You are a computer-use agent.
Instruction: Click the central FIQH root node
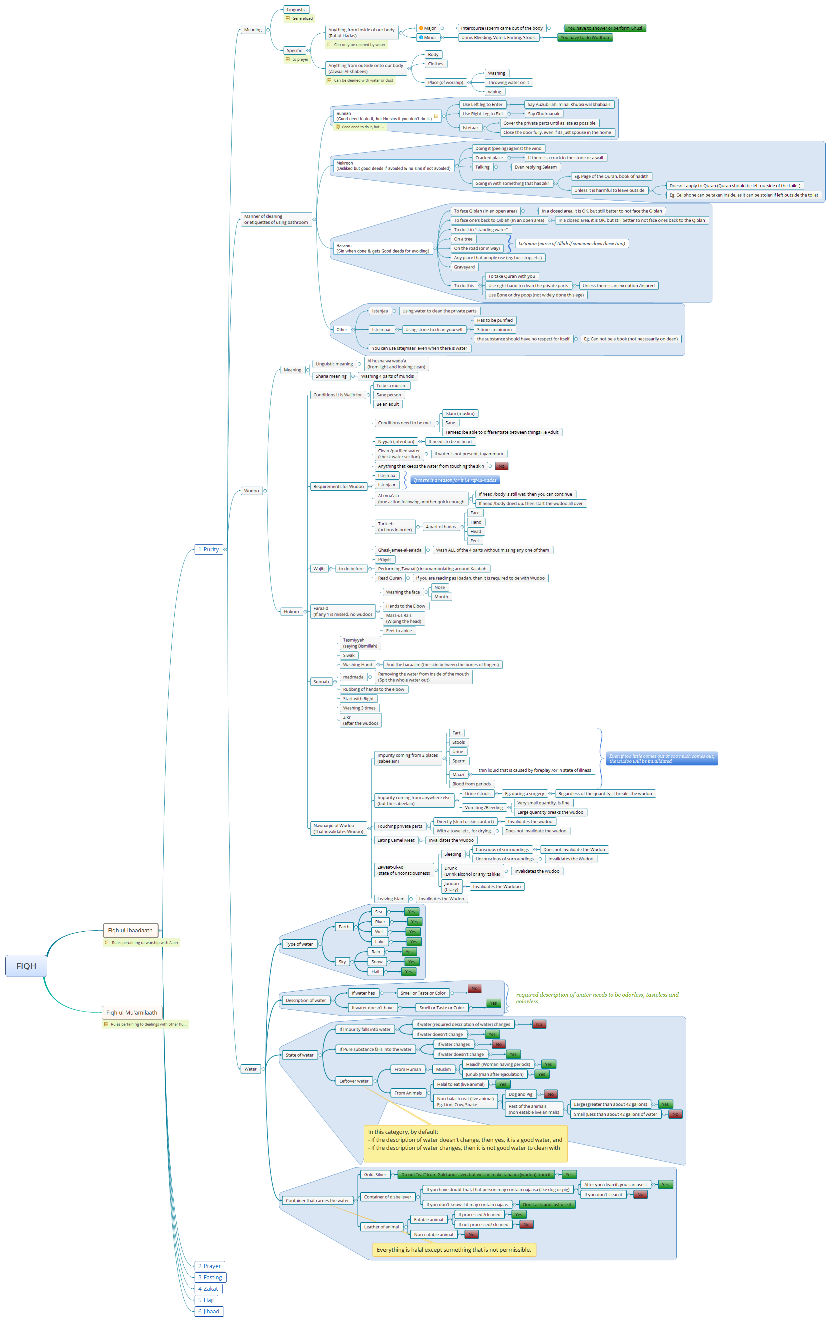pyautogui.click(x=26, y=966)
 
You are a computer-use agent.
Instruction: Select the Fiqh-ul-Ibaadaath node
pyautogui.click(x=130, y=930)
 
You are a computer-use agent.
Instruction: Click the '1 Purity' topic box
pyautogui.click(x=209, y=549)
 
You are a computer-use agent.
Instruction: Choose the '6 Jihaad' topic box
pyautogui.click(x=209, y=1311)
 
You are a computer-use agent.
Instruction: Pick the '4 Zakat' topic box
pyautogui.click(x=208, y=1288)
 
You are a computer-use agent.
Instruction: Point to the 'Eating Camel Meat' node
pyautogui.click(x=396, y=840)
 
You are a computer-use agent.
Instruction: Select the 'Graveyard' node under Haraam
pyautogui.click(x=464, y=267)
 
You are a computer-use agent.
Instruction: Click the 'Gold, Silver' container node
pyautogui.click(x=375, y=1174)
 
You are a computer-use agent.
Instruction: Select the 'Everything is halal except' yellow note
pyautogui.click(x=454, y=1249)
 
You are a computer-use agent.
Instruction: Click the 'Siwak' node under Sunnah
pyautogui.click(x=349, y=655)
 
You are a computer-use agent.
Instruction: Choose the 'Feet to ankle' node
pyautogui.click(x=399, y=630)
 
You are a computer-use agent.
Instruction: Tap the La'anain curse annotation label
pyautogui.click(x=571, y=243)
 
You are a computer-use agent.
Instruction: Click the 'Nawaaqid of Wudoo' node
pyautogui.click(x=338, y=828)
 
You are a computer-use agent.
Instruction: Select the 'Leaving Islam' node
pyautogui.click(x=391, y=899)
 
